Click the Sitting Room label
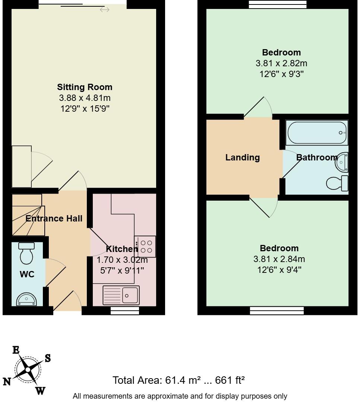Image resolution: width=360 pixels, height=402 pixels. tap(85, 87)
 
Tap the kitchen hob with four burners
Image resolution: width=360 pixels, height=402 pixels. tap(145, 246)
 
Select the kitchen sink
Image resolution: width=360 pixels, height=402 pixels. tap(121, 296)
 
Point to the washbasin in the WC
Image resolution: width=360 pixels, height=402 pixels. tap(26, 299)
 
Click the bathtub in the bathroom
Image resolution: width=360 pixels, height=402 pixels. tap(316, 133)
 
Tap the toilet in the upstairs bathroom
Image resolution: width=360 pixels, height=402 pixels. tap(337, 183)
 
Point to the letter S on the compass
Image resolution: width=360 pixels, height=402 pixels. tap(48, 358)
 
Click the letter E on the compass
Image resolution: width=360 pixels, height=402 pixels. tap(16, 350)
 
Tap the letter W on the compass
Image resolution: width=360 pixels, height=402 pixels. tap(40, 390)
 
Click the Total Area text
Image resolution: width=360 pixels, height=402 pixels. tap(179, 380)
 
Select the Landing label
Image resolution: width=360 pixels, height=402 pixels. tap(242, 157)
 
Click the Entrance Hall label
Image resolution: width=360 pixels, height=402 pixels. tap(54, 218)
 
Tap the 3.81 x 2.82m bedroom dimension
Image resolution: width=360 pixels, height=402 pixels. tap(281, 63)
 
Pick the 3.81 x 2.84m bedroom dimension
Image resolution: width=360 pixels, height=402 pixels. tap(280, 259)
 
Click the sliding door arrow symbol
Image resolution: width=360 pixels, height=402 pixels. tap(104, 10)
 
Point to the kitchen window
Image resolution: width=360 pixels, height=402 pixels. tap(125, 310)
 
